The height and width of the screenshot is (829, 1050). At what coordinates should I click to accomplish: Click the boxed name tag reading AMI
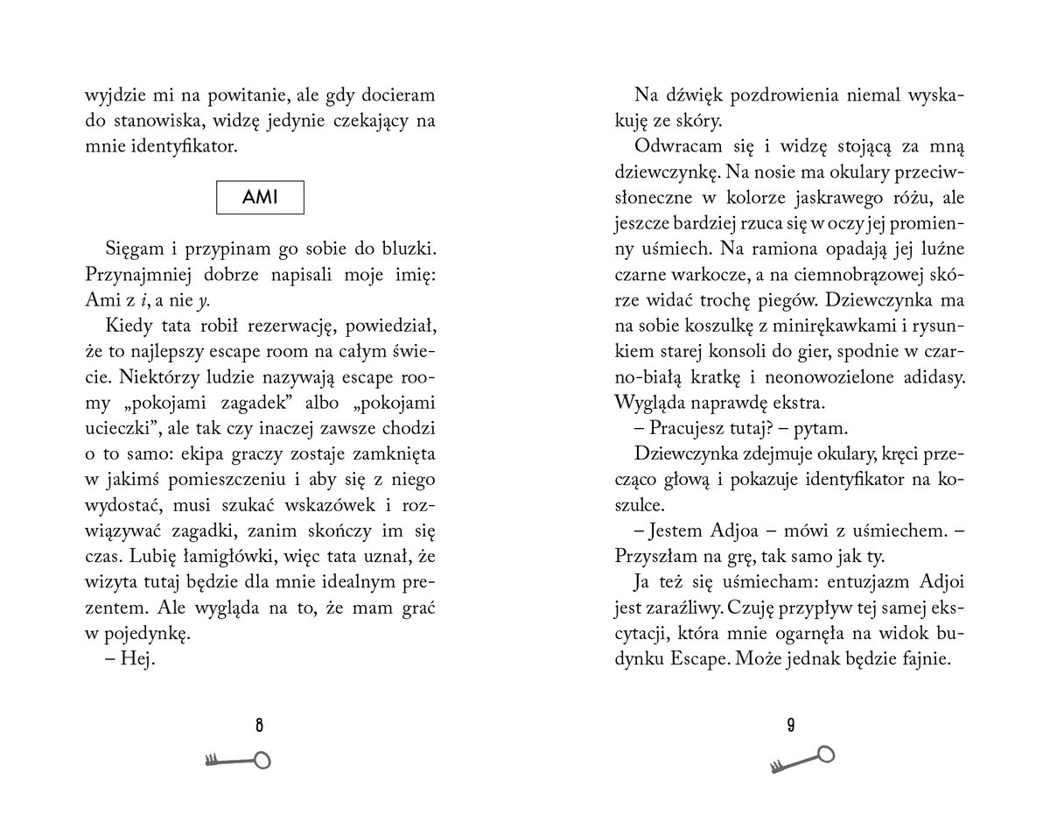coord(261,197)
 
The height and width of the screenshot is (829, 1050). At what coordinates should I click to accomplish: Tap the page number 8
coord(260,724)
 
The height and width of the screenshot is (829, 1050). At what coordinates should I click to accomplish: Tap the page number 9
coord(789,724)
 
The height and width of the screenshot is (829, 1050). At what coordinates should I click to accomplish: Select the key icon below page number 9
coord(801,758)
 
